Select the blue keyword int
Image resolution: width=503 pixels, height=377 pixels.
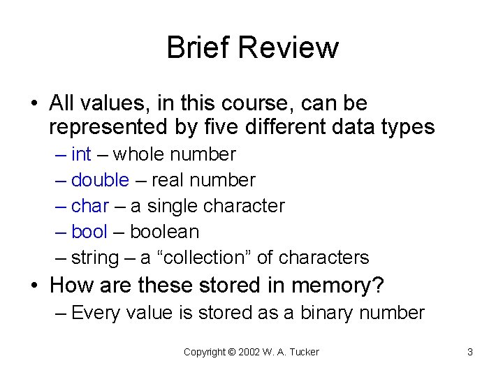coord(81,154)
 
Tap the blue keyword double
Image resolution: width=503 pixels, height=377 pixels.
coord(100,180)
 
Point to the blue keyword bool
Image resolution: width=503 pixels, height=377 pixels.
coord(89,232)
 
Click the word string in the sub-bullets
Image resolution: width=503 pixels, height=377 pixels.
coord(95,258)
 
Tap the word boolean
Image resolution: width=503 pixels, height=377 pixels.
coord(165,232)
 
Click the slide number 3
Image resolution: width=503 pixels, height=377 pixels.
coord(470,352)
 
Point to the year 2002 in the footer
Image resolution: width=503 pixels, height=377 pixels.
coord(249,352)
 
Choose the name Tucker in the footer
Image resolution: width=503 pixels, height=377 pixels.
coord(305,352)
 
